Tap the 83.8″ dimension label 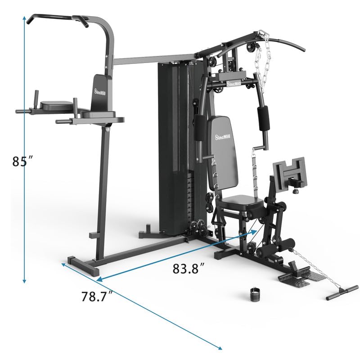tap(189, 269)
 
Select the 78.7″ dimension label tap(97, 297)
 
